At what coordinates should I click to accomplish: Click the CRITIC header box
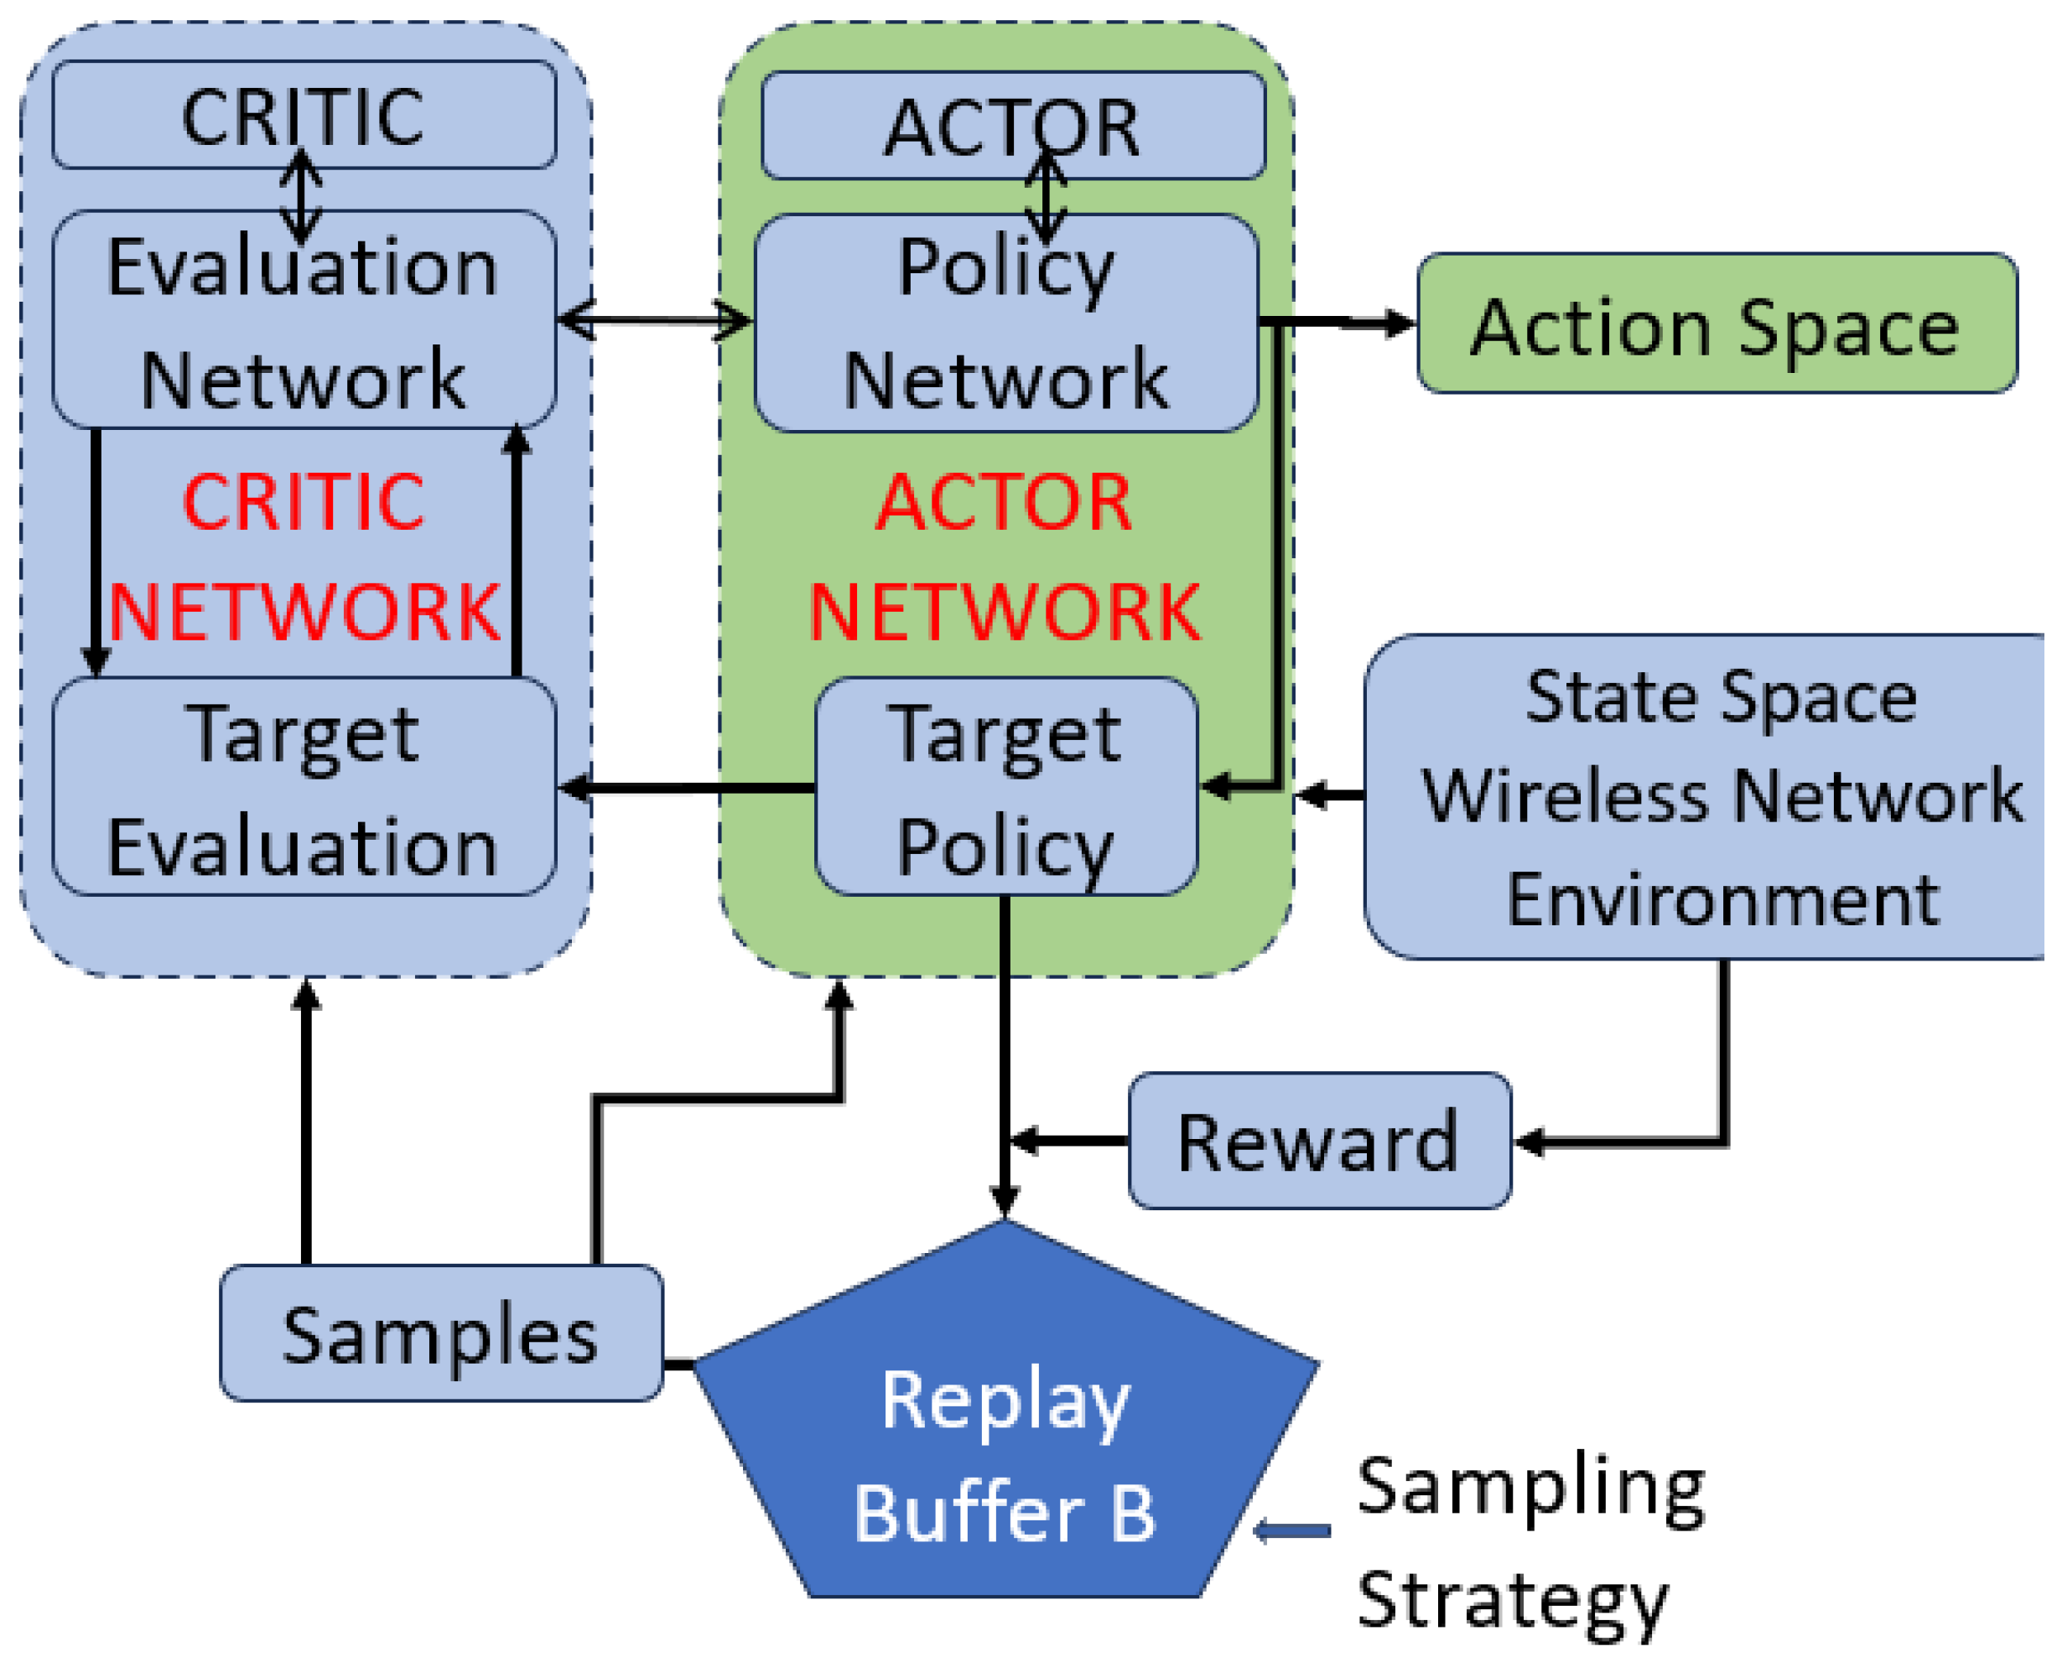[304, 115]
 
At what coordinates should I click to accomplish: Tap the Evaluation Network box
[304, 321]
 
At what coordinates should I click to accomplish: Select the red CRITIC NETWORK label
[304, 557]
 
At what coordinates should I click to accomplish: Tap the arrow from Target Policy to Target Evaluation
[688, 790]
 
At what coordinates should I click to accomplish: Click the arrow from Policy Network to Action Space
[1341, 324]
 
